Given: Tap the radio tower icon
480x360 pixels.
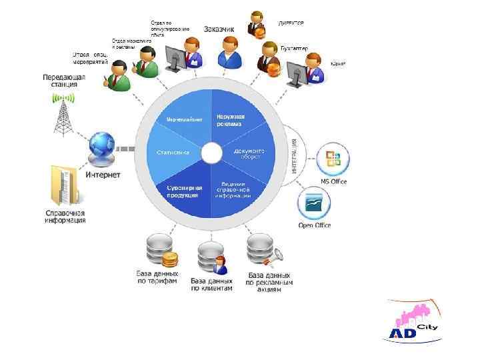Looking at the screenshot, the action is point(63,113).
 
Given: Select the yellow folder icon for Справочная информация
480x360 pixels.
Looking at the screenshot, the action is point(65,186).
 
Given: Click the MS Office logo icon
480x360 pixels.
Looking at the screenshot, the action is point(333,161).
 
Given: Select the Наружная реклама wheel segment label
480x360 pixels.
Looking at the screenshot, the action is point(230,121).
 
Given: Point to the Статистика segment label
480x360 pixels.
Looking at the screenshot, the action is point(172,153).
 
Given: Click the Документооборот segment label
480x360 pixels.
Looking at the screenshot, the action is point(249,153).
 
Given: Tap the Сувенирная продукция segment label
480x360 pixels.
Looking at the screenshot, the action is point(183,192).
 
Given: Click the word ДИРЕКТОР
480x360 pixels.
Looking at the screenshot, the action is point(291,23).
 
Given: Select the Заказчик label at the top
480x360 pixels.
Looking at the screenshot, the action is point(219,29).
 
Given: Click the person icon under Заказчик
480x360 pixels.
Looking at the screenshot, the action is point(230,52).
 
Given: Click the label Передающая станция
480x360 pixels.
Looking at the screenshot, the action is point(64,81).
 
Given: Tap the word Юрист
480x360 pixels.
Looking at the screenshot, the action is point(338,63).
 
